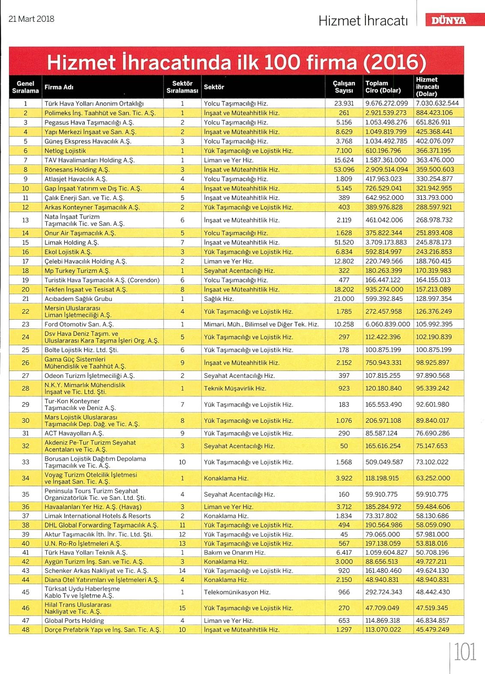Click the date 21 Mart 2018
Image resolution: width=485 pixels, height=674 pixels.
pyautogui.click(x=32, y=19)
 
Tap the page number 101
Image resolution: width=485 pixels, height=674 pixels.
pyautogui.click(x=465, y=653)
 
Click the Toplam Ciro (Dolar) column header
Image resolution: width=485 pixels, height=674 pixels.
pyautogui.click(x=383, y=87)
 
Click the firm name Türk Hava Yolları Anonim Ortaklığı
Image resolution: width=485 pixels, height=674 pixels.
pyautogui.click(x=94, y=104)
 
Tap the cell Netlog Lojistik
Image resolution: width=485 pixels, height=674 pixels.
pyautogui.click(x=65, y=151)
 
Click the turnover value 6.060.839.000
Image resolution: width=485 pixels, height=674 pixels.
pyautogui.click(x=388, y=324)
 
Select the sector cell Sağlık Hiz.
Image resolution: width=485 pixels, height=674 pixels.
pyautogui.click(x=219, y=299)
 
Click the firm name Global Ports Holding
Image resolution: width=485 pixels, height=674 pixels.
pyautogui.click(x=74, y=621)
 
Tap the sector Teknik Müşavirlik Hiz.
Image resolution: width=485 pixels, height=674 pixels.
pyautogui.click(x=235, y=389)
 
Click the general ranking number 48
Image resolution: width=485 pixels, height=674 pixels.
pyautogui.click(x=25, y=630)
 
